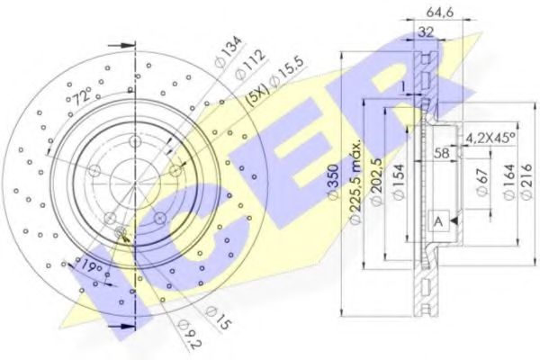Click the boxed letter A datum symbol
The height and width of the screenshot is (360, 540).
tap(437, 221)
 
